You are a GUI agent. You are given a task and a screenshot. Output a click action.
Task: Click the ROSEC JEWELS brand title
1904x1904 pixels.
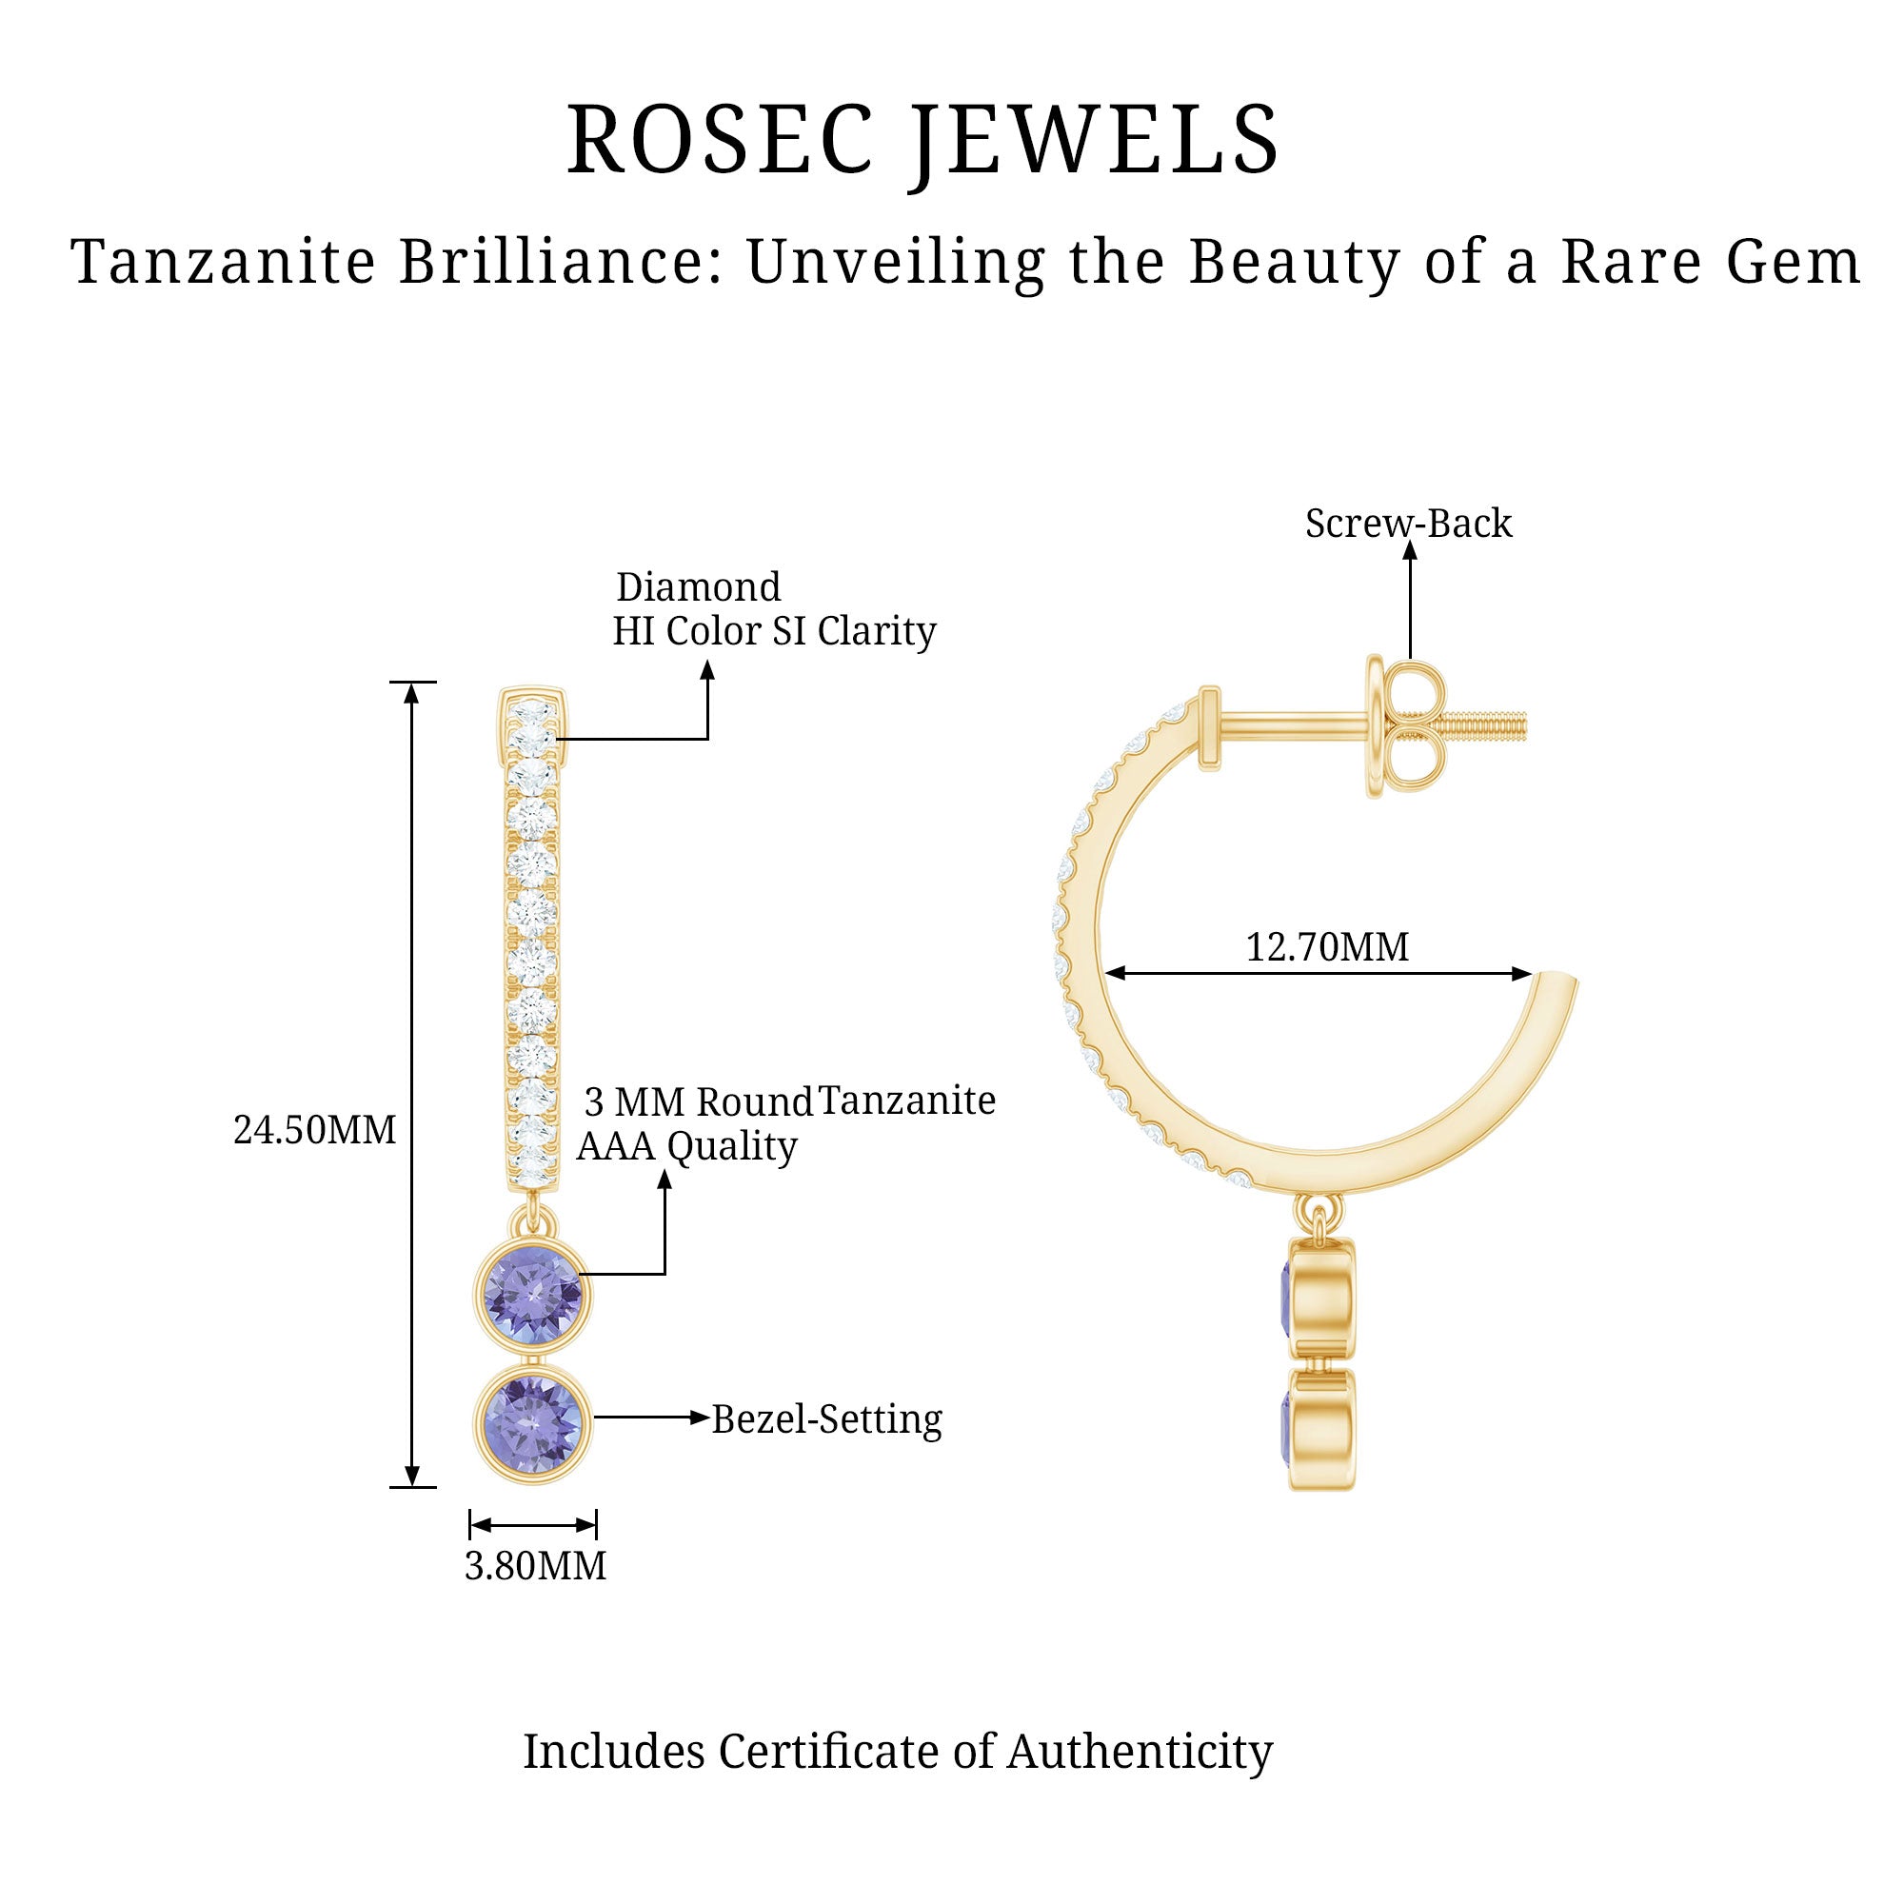pyautogui.click(x=922, y=141)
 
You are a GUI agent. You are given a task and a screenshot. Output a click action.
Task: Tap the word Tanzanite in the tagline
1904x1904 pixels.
pyautogui.click(x=223, y=263)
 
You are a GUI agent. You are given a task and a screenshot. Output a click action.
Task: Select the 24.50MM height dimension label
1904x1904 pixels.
pyautogui.click(x=314, y=1130)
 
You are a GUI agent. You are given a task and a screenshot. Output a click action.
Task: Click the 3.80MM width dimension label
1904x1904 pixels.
pyautogui.click(x=535, y=1566)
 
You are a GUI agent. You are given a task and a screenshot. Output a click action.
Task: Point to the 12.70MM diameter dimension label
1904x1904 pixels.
pyautogui.click(x=1326, y=947)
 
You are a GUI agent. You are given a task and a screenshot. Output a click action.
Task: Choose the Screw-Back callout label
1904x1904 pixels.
pyautogui.click(x=1407, y=524)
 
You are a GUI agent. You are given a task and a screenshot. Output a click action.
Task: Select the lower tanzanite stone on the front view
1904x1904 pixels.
pyautogui.click(x=533, y=1421)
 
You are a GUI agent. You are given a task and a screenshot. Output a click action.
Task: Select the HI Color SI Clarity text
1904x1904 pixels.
pyautogui.click(x=774, y=632)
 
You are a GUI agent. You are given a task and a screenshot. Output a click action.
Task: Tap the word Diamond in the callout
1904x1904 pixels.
pyautogui.click(x=698, y=587)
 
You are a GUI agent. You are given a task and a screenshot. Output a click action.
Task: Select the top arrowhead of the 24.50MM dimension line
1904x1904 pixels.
pyautogui.click(x=413, y=693)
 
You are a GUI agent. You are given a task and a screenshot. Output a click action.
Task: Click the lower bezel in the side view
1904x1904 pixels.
pyautogui.click(x=1322, y=1428)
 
